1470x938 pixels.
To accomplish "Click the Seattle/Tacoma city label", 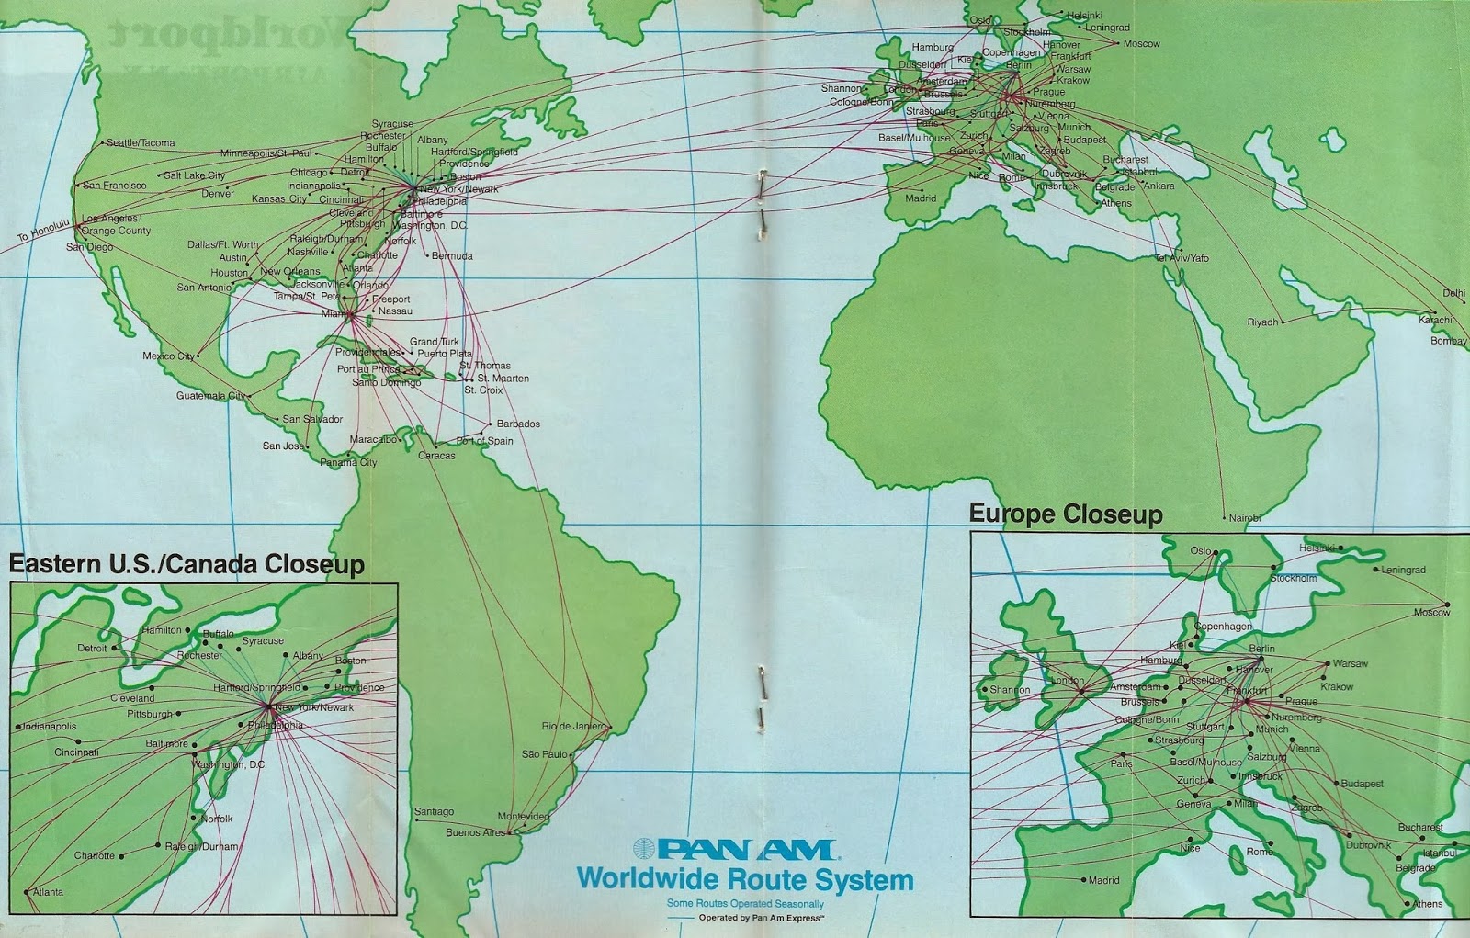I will (141, 143).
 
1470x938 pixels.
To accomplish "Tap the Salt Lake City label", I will (194, 175).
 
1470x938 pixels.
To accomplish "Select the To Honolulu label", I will (43, 231).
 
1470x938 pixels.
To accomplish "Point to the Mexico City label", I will (168, 356).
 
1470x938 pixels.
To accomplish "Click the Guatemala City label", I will (210, 396).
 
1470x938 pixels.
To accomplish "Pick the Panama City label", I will (348, 463).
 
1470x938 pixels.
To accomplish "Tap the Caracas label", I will (436, 456).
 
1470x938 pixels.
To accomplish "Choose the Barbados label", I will (518, 424).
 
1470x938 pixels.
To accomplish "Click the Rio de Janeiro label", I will (573, 727).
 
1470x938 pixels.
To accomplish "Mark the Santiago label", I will (434, 812).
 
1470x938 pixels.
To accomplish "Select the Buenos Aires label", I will (475, 833).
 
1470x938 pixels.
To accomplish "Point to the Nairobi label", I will (1245, 519).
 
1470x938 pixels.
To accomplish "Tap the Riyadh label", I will (1262, 322).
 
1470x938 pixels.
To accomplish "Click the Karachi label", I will (1435, 321).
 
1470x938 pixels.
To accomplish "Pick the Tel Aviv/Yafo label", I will (1182, 259).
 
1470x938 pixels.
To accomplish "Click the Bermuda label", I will (452, 256).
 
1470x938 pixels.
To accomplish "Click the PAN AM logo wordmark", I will (733, 850).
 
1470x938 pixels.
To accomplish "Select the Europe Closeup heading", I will (1066, 514).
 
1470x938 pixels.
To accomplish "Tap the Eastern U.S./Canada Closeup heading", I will (187, 564).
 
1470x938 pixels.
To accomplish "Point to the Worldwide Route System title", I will (744, 880).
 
